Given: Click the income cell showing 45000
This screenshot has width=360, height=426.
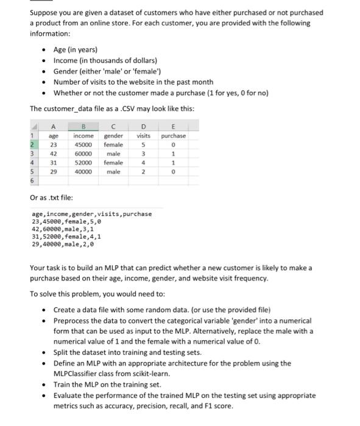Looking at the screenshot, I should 83,145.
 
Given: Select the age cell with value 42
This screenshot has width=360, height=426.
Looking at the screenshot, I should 53,154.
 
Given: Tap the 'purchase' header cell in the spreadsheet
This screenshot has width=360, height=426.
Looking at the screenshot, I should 174,136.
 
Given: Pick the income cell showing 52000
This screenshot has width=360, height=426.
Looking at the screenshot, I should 83,163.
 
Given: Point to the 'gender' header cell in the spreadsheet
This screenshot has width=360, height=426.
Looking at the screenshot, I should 113,136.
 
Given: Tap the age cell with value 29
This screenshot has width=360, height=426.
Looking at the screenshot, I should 53,172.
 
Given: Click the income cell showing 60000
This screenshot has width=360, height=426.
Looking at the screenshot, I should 83,154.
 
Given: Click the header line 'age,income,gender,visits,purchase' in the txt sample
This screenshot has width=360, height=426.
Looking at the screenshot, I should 91,214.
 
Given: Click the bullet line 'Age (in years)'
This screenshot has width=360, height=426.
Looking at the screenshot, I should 75,49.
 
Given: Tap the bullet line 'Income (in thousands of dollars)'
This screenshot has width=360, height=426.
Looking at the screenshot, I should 105,60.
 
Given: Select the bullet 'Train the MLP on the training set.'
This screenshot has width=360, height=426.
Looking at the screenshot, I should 107,385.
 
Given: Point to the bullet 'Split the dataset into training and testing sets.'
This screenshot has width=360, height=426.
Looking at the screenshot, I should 127,352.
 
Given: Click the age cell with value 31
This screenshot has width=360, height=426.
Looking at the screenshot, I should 53,163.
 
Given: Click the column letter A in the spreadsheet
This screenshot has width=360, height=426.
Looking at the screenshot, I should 53,126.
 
